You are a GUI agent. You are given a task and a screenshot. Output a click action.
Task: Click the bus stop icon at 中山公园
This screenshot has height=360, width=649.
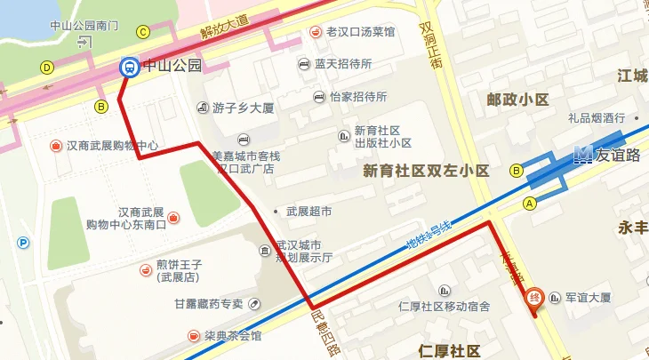point(130,66)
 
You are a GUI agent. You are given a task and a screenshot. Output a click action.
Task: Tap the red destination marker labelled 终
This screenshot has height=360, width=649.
point(534,299)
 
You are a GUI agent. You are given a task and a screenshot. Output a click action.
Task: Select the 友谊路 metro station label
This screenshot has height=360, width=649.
point(619,154)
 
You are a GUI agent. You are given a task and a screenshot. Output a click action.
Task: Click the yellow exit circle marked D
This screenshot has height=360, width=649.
point(47,67)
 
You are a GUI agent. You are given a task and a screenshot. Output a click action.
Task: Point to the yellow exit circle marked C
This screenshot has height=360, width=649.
point(142,32)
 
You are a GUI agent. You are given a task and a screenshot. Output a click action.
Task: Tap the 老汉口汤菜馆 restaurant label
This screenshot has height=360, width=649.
point(359,32)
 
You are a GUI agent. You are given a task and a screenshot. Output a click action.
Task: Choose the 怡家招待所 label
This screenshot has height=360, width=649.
point(357,97)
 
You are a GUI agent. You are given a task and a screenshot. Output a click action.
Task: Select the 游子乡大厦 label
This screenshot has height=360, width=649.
point(240,108)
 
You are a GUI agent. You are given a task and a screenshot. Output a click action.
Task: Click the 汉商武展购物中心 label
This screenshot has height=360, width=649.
point(112,145)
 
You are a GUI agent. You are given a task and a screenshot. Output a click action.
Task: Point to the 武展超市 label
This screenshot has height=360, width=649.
point(308,212)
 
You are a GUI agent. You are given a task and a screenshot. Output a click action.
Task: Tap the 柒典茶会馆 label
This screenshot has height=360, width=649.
point(232,335)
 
